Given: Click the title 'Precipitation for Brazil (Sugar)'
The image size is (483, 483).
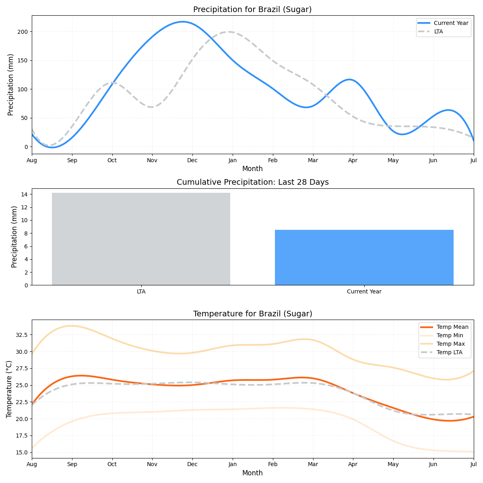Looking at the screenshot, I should [252, 10].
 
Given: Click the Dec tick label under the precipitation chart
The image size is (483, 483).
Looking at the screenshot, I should [192, 160].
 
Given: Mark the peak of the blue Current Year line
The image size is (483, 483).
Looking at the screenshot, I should [182, 22].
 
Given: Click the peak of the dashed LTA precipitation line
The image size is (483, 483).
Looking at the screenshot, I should [229, 32].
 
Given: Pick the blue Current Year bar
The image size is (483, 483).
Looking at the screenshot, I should [364, 257].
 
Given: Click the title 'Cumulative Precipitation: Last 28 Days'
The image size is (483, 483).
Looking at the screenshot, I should [252, 182].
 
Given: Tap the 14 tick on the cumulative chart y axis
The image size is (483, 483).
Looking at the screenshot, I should [25, 194].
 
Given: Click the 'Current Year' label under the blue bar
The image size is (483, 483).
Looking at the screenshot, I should [364, 291].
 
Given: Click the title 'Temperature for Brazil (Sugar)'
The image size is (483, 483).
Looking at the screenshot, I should [252, 314].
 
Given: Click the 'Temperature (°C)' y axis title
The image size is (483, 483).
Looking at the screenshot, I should [9, 389].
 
